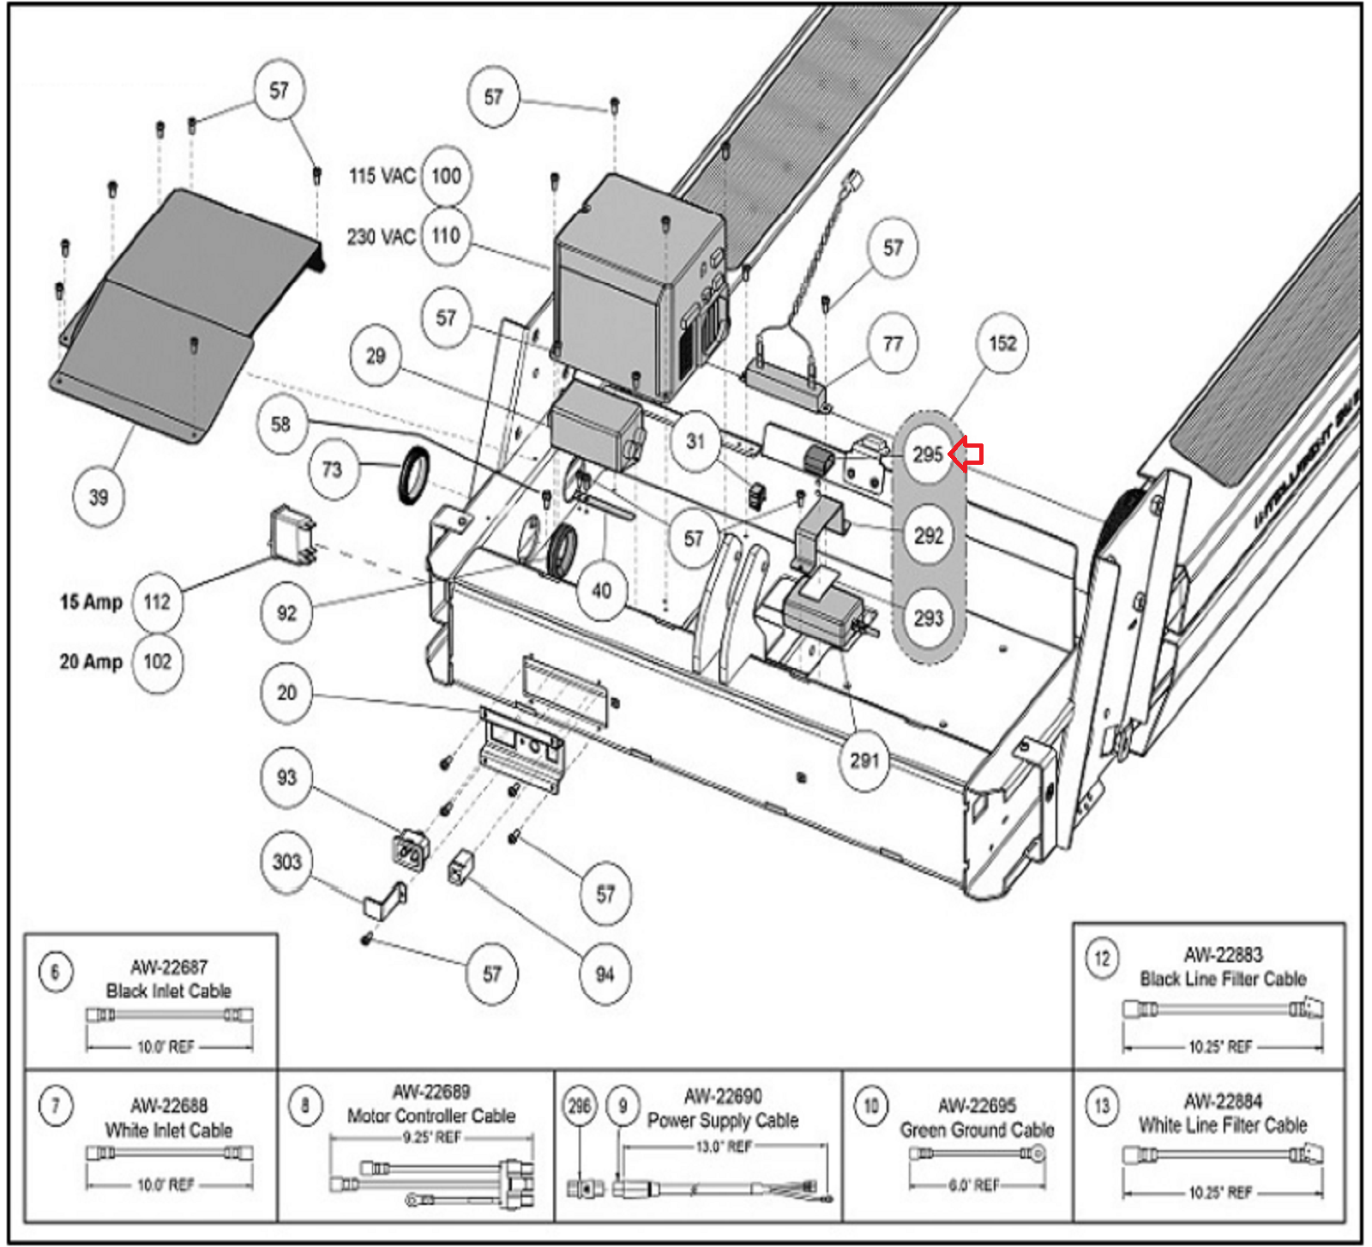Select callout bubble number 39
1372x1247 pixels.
[x=99, y=497]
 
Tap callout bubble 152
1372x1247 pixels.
[x=1002, y=344]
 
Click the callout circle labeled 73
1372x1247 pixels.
[x=332, y=469]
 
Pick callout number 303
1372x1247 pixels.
[x=286, y=862]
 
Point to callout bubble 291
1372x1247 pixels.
[x=864, y=760]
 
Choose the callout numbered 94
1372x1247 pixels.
[x=605, y=973]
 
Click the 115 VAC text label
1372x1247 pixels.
[x=382, y=176]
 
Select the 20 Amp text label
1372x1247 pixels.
[x=91, y=661]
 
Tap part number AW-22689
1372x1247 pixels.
[x=431, y=1092]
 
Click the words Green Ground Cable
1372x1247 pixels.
[x=977, y=1130]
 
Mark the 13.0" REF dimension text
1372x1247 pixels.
[x=723, y=1147]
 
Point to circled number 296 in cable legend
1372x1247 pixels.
[x=580, y=1105]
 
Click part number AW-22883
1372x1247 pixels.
[x=1223, y=955]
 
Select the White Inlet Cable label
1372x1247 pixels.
[x=169, y=1130]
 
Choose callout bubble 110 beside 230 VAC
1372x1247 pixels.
[x=446, y=236]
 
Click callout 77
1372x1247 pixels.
[x=893, y=344]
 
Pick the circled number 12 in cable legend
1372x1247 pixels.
[x=1102, y=958]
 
